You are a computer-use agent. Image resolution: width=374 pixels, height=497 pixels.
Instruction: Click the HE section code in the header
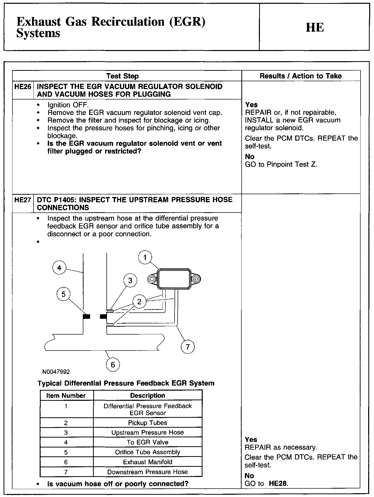(315, 27)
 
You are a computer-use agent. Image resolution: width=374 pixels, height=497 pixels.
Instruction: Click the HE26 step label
(23, 87)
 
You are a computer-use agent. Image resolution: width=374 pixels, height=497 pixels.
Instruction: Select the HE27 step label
(23, 200)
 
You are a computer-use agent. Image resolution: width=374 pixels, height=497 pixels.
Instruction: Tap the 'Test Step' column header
(122, 76)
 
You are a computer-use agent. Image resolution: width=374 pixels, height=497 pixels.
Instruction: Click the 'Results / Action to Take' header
(301, 76)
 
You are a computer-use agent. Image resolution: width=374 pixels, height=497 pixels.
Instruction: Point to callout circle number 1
(145, 258)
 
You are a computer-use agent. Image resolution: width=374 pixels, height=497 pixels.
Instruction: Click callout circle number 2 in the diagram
(139, 302)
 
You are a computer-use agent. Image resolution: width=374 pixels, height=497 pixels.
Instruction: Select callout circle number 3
(130, 281)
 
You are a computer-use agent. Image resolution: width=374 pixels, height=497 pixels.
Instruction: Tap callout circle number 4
(59, 268)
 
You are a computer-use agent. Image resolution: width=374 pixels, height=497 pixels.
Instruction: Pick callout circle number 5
(64, 294)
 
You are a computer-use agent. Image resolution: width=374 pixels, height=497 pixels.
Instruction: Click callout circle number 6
(113, 365)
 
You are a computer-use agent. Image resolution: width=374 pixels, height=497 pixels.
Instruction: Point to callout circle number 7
(188, 347)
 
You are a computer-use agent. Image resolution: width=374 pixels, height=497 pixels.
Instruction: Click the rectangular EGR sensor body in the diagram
(174, 279)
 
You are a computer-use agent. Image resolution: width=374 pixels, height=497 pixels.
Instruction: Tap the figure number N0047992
(56, 372)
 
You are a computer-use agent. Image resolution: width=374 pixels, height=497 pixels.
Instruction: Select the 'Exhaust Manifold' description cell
(148, 462)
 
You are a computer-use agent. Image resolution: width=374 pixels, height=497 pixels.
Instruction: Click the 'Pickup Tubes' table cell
(148, 423)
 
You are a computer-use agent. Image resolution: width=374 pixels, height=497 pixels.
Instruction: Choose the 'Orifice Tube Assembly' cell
(148, 452)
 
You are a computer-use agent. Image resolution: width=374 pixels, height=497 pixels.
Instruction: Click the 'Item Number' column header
(66, 395)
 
